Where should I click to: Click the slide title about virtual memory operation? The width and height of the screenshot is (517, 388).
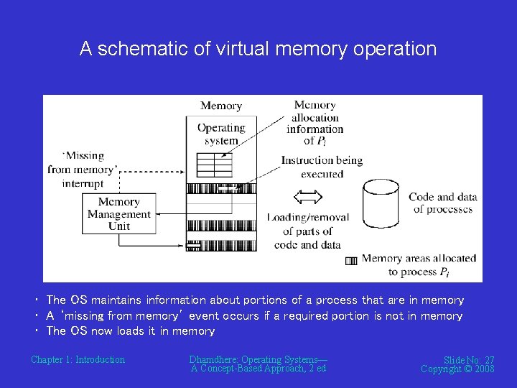(258, 49)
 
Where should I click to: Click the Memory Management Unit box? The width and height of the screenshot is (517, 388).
(119, 213)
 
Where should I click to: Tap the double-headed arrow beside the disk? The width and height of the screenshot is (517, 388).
(309, 196)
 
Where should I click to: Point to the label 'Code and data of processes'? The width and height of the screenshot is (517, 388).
(442, 203)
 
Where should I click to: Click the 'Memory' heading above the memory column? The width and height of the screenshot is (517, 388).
(221, 106)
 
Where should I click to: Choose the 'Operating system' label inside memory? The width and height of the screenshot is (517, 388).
(221, 134)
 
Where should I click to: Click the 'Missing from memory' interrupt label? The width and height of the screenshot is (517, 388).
(82, 170)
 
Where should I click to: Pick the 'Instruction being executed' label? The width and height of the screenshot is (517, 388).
(322, 167)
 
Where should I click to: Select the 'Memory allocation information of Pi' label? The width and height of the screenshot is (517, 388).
(315, 123)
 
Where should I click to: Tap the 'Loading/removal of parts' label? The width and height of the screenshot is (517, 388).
(307, 231)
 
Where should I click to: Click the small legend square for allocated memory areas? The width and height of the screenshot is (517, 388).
(351, 261)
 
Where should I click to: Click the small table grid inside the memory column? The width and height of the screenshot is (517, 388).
(215, 165)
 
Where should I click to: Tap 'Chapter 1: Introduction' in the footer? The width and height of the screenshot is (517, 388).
(78, 359)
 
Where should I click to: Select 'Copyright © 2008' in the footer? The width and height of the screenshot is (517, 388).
(457, 369)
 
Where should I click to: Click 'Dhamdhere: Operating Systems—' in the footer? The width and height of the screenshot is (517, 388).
(258, 359)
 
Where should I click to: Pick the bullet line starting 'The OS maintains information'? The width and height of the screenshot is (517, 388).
(255, 300)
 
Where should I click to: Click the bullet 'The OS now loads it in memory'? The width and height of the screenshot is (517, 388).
(130, 331)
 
